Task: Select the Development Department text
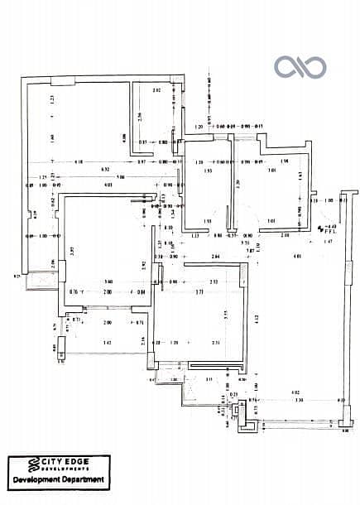click(58, 479)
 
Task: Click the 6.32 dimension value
click(106, 169)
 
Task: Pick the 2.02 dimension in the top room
click(156, 89)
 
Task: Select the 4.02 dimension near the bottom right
click(294, 392)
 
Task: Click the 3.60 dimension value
click(108, 282)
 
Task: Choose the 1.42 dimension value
click(107, 342)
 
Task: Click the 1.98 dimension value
click(284, 161)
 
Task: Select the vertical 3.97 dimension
click(73, 250)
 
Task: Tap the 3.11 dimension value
click(209, 378)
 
